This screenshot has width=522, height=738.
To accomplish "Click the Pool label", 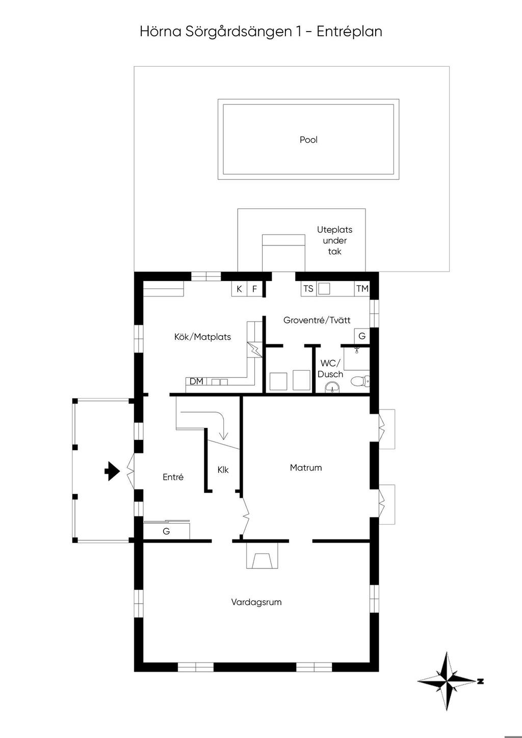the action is [x=308, y=140].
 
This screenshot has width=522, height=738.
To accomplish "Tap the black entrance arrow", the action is [x=112, y=472].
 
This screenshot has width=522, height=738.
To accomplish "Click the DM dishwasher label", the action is [x=197, y=381].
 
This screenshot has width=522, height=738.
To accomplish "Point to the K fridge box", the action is [x=239, y=289].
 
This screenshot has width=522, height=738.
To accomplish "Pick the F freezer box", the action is [x=254, y=289].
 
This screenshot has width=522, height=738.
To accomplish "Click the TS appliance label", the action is [x=308, y=289].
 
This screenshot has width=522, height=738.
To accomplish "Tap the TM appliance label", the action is [x=362, y=289].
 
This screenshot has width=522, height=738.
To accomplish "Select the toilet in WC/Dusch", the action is [x=360, y=381].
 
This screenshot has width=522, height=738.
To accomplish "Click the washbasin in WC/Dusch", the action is [x=332, y=388].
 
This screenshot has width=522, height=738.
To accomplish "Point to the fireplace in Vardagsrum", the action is [x=262, y=555].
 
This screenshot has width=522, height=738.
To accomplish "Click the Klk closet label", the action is [x=223, y=470].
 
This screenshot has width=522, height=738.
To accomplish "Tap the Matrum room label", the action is [x=306, y=468].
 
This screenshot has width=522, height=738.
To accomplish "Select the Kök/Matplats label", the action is [x=202, y=337].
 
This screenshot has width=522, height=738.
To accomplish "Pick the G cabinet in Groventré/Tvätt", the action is [x=362, y=336].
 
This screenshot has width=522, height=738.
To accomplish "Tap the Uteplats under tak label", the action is [x=334, y=240].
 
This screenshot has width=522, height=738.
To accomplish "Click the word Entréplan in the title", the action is [x=349, y=32].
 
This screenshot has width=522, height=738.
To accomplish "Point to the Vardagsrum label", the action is [x=256, y=602].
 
